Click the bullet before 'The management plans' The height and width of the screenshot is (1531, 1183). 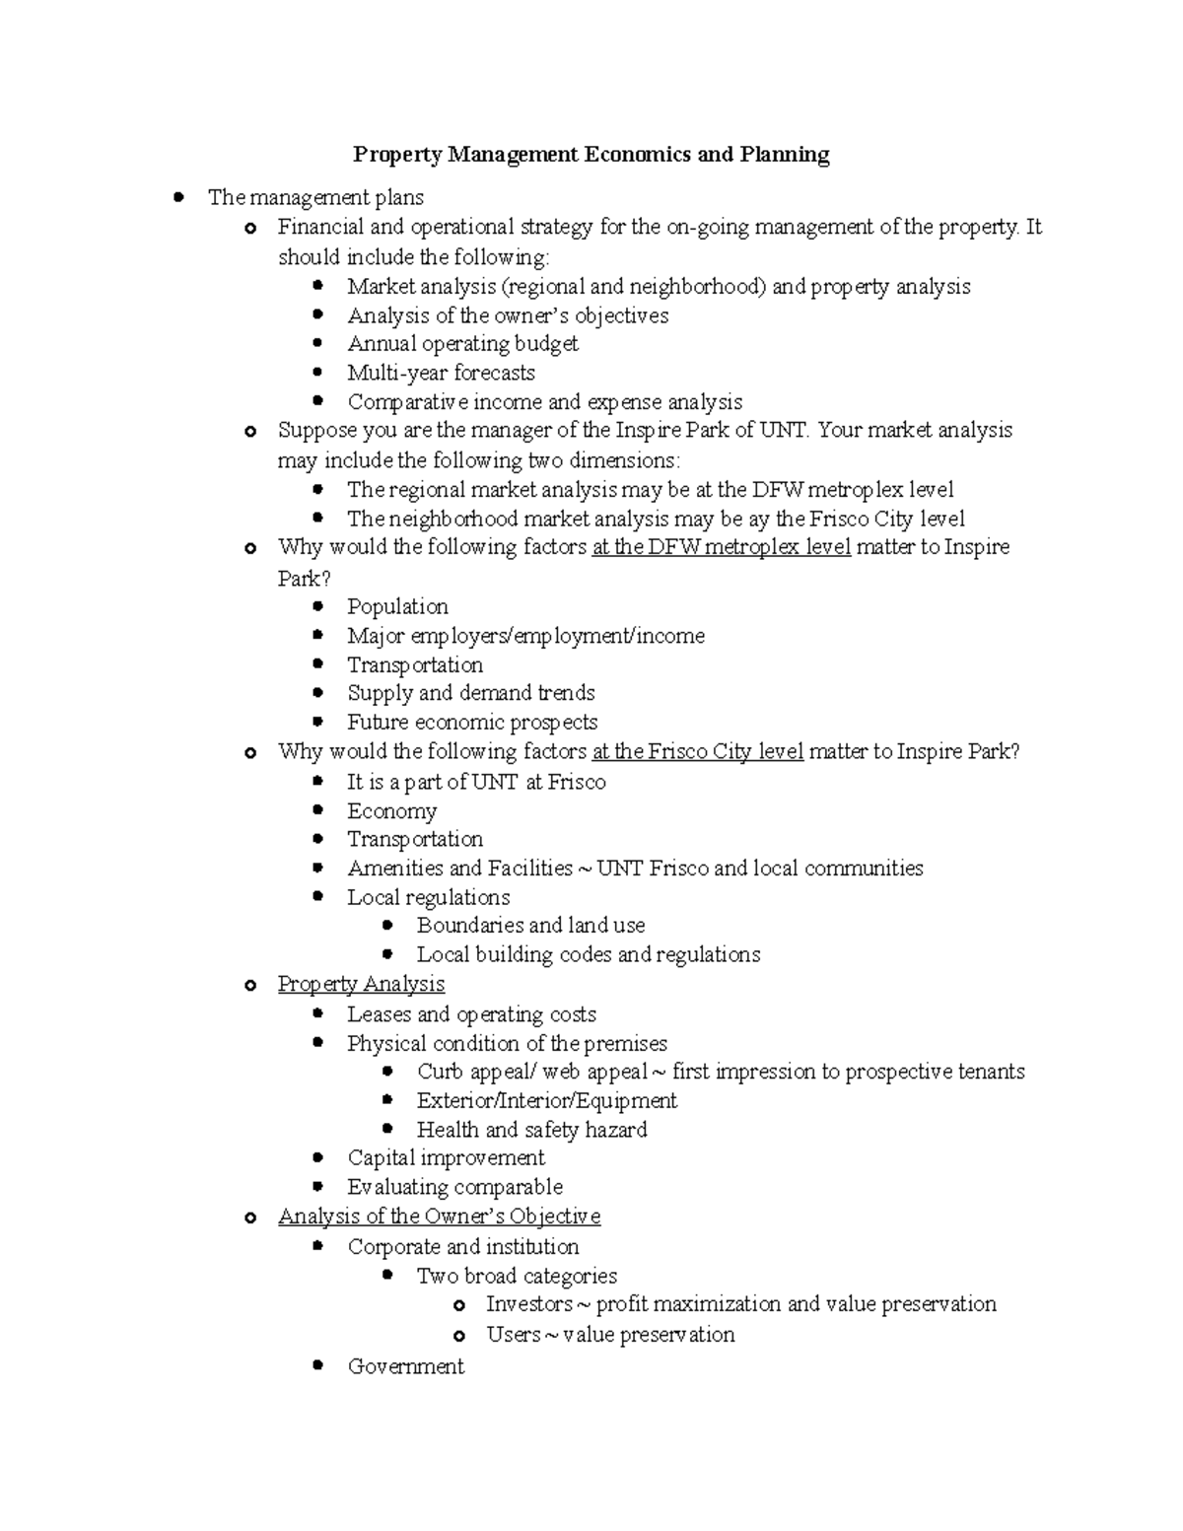(178, 197)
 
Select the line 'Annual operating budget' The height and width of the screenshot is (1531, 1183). (462, 344)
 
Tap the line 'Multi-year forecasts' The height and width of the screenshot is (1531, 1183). (441, 373)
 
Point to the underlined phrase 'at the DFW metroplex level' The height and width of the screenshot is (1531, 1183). (721, 547)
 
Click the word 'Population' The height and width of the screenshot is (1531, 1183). (397, 606)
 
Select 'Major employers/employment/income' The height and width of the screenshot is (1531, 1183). (525, 636)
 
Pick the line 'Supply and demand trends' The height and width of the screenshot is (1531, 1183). (470, 693)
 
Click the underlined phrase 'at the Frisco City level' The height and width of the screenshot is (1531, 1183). (697, 752)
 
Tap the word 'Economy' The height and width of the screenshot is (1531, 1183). (391, 811)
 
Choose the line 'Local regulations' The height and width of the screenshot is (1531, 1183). (428, 897)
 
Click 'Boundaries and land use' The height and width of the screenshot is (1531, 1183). (530, 926)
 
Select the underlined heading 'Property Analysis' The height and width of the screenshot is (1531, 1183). (361, 984)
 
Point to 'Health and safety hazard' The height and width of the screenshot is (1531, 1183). (531, 1130)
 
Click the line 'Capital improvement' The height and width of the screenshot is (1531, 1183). (446, 1157)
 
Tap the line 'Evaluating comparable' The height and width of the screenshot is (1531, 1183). (454, 1187)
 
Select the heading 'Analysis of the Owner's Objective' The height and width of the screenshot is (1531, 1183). (439, 1217)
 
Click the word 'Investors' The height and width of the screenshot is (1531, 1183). (529, 1304)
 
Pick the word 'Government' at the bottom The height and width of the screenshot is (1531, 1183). (405, 1366)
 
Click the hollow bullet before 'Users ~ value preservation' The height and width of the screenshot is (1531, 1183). (458, 1336)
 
